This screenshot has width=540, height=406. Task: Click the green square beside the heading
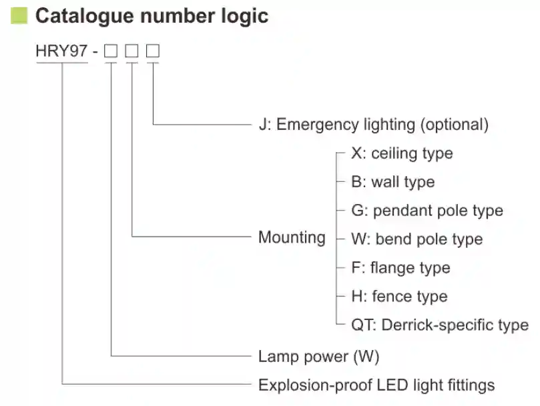pos(19,16)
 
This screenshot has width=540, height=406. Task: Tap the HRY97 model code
pos(62,51)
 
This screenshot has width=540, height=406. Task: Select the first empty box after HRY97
pos(111,51)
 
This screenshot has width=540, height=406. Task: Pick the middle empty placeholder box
pos(132,51)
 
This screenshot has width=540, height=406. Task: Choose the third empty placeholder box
pos(154,51)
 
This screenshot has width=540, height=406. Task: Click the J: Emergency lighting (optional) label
pos(373,124)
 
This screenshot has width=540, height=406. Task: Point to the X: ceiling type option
pos(402,153)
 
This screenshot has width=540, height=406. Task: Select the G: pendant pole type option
pos(427,211)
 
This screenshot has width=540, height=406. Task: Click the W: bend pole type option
pos(417,239)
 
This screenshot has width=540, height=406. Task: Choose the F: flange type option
pos(400,268)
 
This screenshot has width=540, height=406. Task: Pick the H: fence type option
pos(399,297)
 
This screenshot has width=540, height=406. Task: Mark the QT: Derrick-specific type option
pos(440,325)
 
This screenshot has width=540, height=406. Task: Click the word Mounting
pos(292,237)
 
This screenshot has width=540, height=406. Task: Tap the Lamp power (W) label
pos(318,356)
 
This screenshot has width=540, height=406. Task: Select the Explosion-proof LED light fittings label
pos(376,385)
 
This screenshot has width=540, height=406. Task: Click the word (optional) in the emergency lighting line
pos(455,124)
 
